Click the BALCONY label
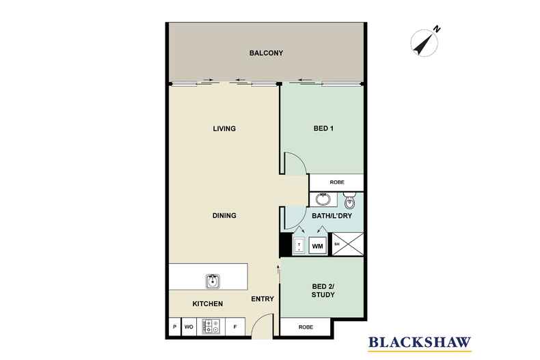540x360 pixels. pyautogui.click(x=266, y=53)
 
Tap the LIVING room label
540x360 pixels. pyautogui.click(x=224, y=128)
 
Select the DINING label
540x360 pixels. pyautogui.click(x=224, y=216)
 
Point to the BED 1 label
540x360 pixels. pyautogui.click(x=323, y=128)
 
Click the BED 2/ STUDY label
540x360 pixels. pyautogui.click(x=323, y=290)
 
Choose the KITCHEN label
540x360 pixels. pyautogui.click(x=206, y=303)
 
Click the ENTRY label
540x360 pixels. pyautogui.click(x=262, y=299)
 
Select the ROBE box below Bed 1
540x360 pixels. pyautogui.click(x=336, y=182)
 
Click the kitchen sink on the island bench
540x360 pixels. pyautogui.click(x=212, y=280)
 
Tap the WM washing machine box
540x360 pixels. pyautogui.click(x=317, y=245)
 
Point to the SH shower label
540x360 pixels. pyautogui.click(x=336, y=244)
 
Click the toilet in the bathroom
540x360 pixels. pyautogui.click(x=350, y=200)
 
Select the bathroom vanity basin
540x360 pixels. pyautogui.click(x=323, y=200)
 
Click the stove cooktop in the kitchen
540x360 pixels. pyautogui.click(x=210, y=327)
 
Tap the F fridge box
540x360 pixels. pyautogui.click(x=235, y=327)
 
